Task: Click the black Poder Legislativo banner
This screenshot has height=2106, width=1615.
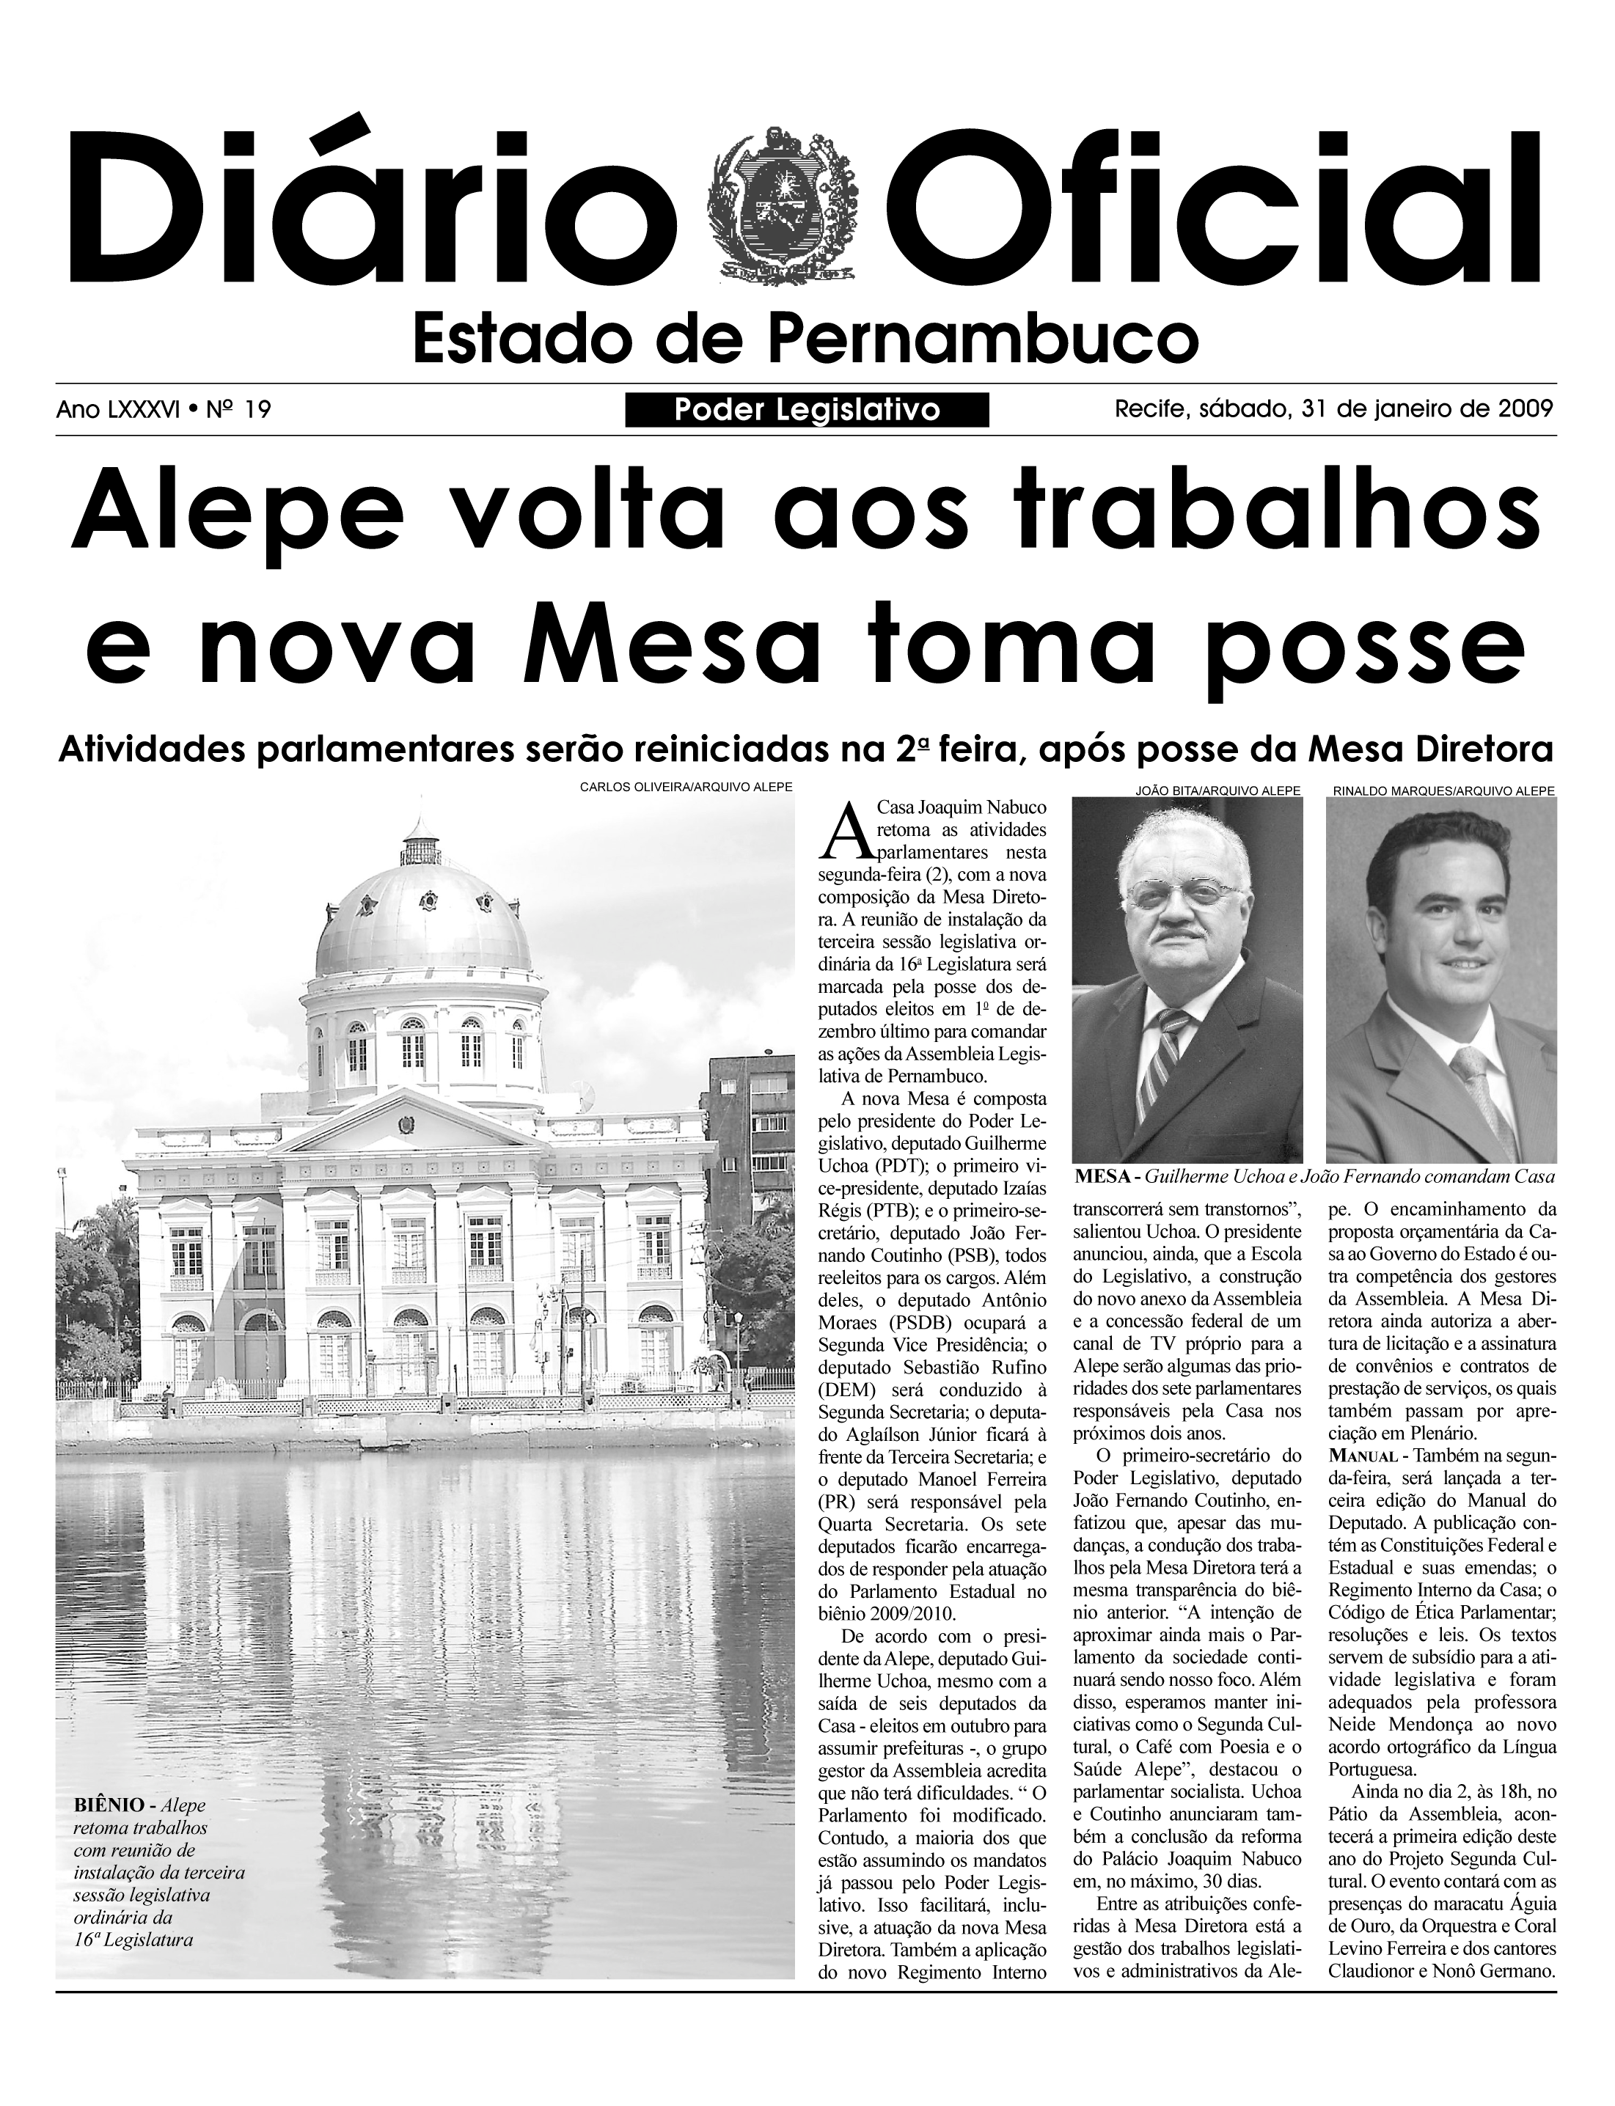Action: coord(807,411)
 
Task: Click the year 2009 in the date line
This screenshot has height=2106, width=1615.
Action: coord(1525,409)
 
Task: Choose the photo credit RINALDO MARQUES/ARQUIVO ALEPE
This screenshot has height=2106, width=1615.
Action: coord(1443,790)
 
